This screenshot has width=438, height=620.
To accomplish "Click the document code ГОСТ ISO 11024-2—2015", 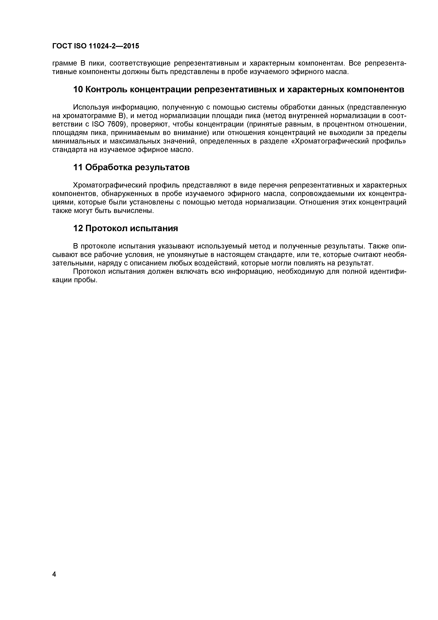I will (96, 46).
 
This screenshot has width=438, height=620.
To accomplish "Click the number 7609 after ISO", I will (114, 124).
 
